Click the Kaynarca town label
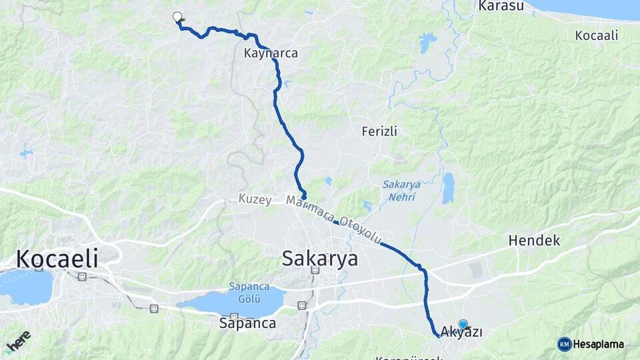[x=271, y=53]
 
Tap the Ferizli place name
[x=379, y=131]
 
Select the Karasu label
[x=499, y=6]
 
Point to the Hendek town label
[x=533, y=240]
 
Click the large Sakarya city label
[x=319, y=258]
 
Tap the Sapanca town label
[x=247, y=323]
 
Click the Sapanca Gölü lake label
[x=249, y=291]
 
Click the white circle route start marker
[x=177, y=17]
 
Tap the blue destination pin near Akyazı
[x=463, y=324]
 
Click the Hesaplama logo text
[x=599, y=344]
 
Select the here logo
[x=19, y=344]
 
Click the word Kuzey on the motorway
[x=255, y=200]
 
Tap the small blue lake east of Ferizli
[x=448, y=189]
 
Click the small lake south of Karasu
[x=427, y=43]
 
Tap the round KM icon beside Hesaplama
[x=564, y=344]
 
